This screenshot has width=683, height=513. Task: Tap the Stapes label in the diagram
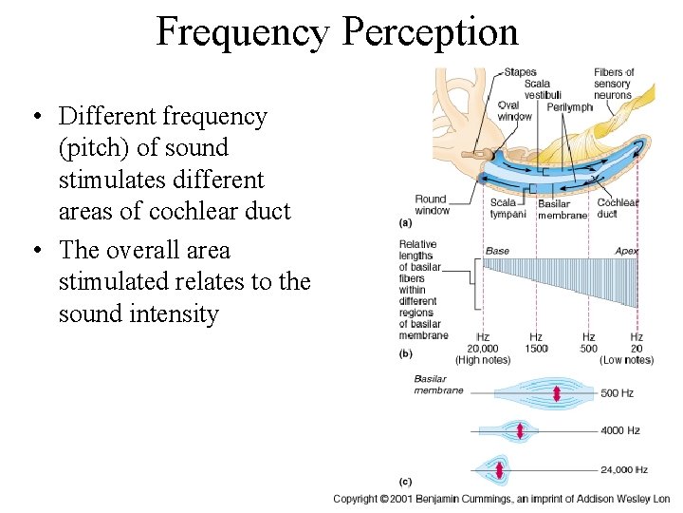(x=520, y=72)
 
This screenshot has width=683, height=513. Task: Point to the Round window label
(x=432, y=204)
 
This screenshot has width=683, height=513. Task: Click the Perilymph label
(x=569, y=106)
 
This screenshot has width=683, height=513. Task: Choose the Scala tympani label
(x=508, y=207)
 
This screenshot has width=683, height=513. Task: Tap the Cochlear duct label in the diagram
(x=618, y=207)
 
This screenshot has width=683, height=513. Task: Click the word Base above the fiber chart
(x=497, y=251)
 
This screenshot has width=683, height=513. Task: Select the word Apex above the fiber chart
(x=626, y=251)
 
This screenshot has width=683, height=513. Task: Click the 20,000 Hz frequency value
(x=482, y=349)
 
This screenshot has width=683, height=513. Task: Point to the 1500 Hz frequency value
(x=536, y=349)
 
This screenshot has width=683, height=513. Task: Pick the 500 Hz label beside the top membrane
(x=617, y=392)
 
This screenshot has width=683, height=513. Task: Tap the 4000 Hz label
(x=618, y=430)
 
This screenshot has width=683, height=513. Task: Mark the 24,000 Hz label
(x=623, y=469)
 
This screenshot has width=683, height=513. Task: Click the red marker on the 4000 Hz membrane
(x=520, y=431)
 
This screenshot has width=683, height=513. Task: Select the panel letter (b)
(x=406, y=352)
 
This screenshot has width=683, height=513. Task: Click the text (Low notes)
(x=626, y=360)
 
